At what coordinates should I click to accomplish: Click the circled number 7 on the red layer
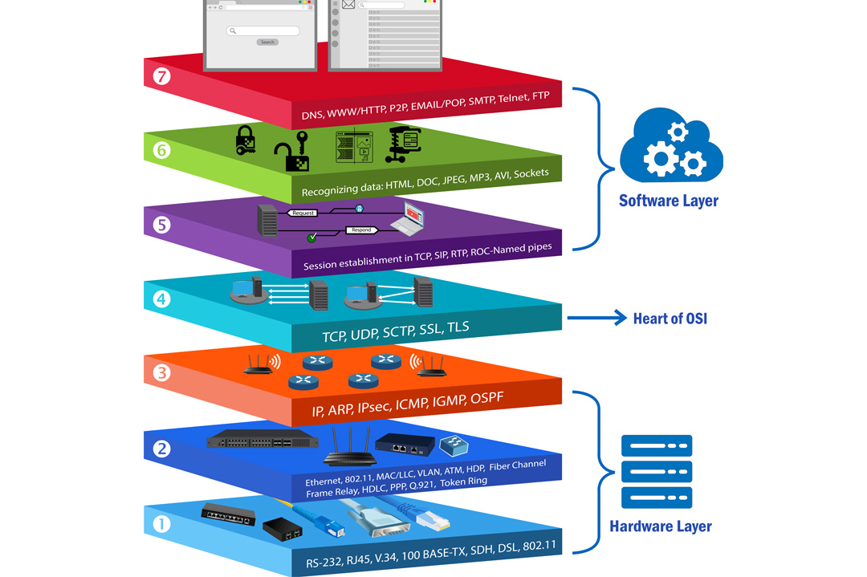[x=162, y=77]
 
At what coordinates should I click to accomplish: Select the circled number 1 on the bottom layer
[x=162, y=525]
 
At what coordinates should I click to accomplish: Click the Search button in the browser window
[x=267, y=42]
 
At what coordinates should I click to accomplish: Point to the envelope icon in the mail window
[x=348, y=5]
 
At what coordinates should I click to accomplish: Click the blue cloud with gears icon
[x=671, y=147]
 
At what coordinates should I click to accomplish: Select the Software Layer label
[x=668, y=201]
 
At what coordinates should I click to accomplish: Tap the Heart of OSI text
[x=670, y=319]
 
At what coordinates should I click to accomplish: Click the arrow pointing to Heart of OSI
[x=597, y=319]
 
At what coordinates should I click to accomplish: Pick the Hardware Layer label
[x=660, y=526]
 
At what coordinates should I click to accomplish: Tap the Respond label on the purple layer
[x=361, y=230]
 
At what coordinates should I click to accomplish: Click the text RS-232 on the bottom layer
[x=325, y=562]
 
